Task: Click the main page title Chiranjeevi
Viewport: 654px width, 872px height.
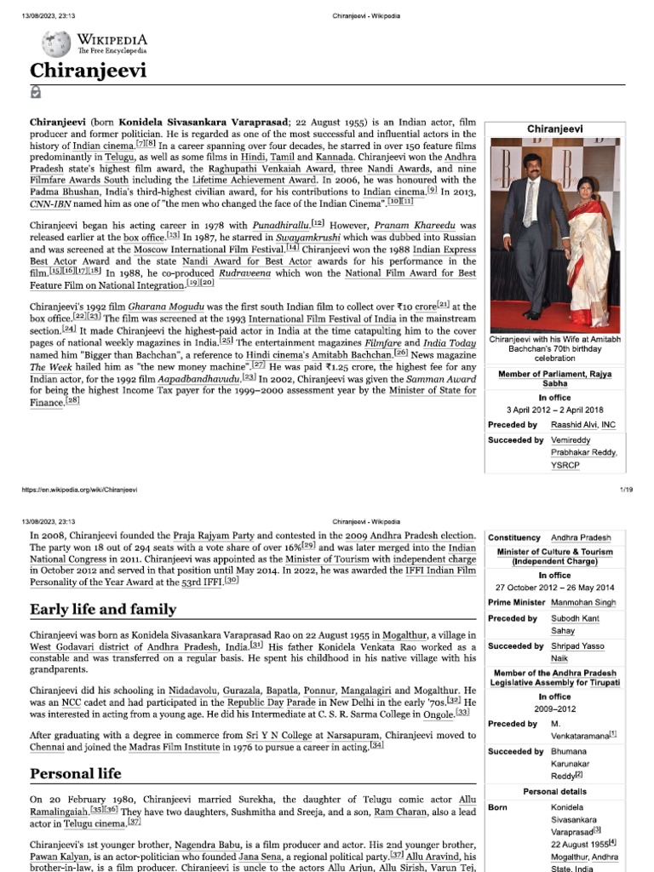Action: tap(89, 70)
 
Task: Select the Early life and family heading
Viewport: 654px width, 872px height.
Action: tap(103, 609)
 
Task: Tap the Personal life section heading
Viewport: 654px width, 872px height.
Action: tap(76, 773)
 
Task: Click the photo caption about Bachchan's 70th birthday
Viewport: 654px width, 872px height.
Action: tap(566, 348)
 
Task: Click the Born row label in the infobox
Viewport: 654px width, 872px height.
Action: tap(499, 806)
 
